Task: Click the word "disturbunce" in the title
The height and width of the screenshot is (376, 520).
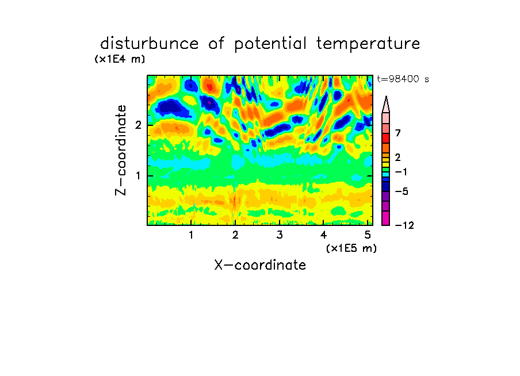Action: (x=150, y=43)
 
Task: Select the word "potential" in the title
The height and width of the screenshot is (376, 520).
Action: (x=270, y=44)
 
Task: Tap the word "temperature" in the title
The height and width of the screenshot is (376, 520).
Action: (x=368, y=44)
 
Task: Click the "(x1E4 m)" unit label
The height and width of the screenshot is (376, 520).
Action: (x=120, y=59)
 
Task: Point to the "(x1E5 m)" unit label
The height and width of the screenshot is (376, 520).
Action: (x=351, y=248)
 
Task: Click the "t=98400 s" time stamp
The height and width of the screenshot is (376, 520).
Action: (x=403, y=79)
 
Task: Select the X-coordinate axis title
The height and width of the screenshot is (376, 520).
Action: (x=260, y=265)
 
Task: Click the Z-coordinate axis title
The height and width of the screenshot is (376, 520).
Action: (x=121, y=150)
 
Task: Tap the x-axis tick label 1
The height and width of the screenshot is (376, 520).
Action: (x=192, y=235)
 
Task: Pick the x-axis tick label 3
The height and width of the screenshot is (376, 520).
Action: (x=280, y=235)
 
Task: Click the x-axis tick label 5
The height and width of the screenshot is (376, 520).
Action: (x=368, y=235)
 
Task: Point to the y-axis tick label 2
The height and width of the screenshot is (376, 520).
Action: (x=138, y=125)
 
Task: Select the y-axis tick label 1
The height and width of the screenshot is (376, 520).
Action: (x=138, y=176)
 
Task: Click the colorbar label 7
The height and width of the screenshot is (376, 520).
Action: (x=398, y=133)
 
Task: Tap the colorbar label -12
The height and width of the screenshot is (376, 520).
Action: (x=404, y=225)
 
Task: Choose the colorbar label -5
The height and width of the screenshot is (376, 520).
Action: (x=402, y=191)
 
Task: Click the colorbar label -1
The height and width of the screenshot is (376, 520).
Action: (x=401, y=172)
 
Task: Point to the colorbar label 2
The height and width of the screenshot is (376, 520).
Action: (x=398, y=157)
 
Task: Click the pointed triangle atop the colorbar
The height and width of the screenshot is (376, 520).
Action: (x=386, y=105)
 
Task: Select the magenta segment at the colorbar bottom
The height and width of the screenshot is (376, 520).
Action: (x=386, y=218)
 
